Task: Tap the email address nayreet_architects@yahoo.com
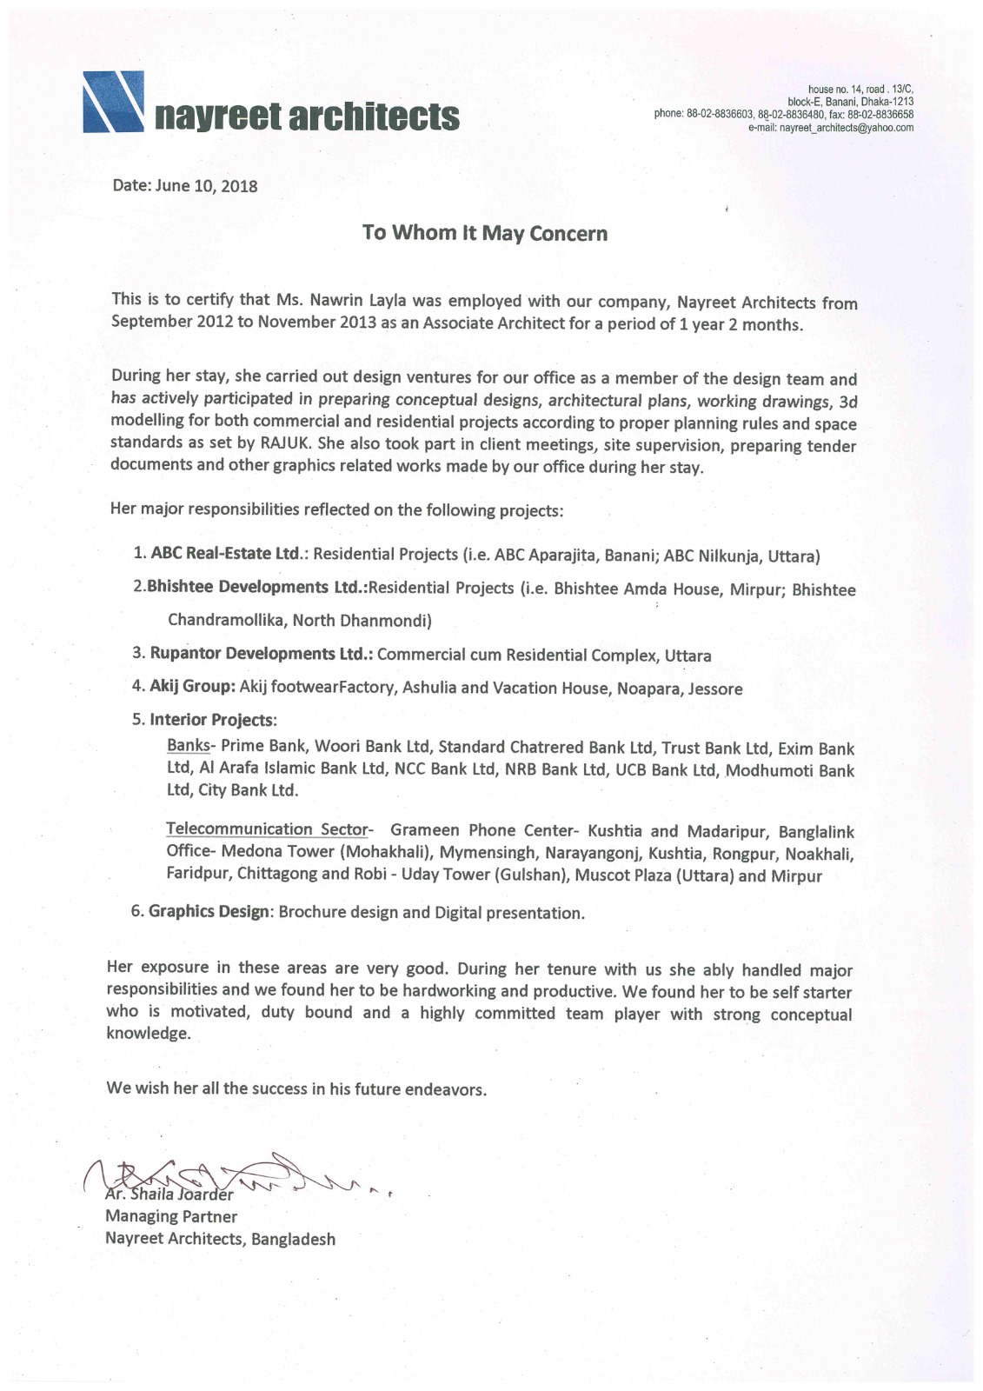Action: point(830,128)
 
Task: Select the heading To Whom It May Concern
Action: point(485,233)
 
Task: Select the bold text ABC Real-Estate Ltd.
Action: point(226,555)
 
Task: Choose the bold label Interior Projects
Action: point(213,720)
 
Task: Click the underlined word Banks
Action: point(189,746)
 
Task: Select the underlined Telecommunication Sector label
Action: point(268,829)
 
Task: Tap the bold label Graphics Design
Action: point(209,912)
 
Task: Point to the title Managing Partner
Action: point(171,1216)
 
